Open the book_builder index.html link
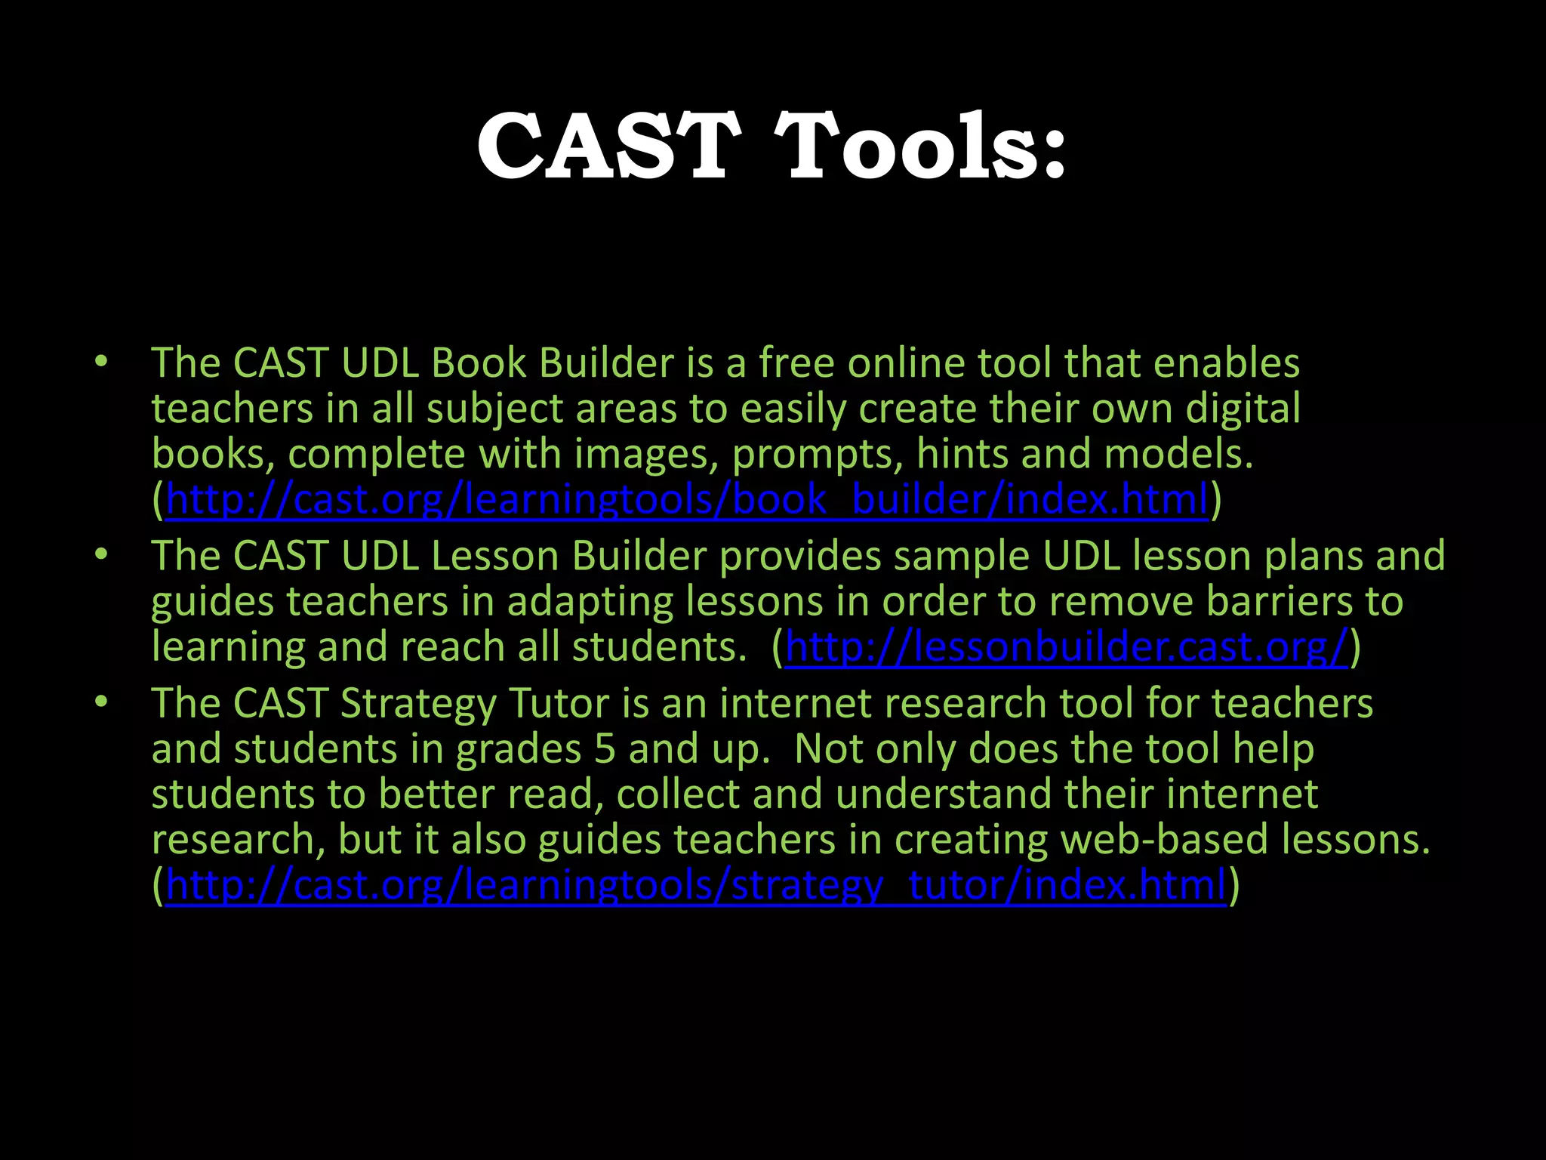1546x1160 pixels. [x=687, y=500]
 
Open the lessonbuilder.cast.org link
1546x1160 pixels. [x=1066, y=647]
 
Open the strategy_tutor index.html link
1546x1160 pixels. [x=695, y=885]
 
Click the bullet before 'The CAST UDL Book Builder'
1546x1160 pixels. [x=101, y=362]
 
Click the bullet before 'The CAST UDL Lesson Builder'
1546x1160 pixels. [x=101, y=555]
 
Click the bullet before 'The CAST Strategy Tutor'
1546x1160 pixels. [x=101, y=702]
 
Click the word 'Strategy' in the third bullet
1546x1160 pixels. [x=418, y=704]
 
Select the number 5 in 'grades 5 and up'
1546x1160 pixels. [x=605, y=749]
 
